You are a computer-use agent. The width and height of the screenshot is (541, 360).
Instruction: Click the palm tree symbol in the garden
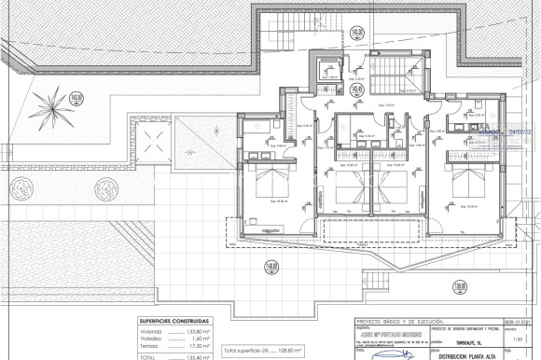[x=54, y=99]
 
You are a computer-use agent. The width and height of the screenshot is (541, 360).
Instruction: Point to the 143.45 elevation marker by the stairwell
[x=358, y=90]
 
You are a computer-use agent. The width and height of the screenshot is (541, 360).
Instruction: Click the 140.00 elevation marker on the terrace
[x=271, y=267]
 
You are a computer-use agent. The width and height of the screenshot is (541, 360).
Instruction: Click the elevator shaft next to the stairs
[x=329, y=70]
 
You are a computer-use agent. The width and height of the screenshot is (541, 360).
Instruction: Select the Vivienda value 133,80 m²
[x=197, y=331]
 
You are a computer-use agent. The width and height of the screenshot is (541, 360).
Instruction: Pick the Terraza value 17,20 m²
[x=199, y=345]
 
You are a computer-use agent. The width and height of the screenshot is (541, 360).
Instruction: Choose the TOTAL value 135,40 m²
[x=197, y=356]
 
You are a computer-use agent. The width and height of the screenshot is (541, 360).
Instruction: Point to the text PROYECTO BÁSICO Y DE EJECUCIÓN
[x=403, y=320]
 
